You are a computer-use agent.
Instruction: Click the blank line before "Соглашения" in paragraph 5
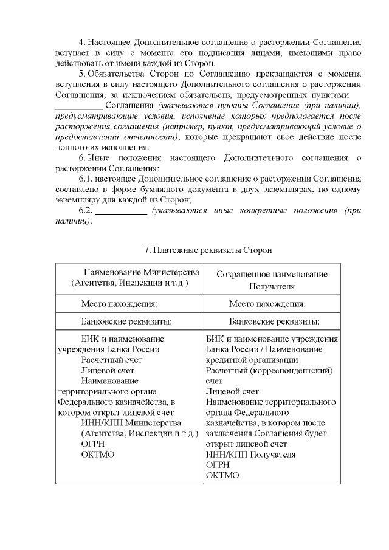tap(75, 106)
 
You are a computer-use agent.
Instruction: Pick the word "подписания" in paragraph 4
tap(218, 53)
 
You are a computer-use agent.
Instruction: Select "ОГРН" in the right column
tap(218, 465)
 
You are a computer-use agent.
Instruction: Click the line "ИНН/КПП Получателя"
tap(251, 455)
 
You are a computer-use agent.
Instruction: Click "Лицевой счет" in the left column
tap(108, 370)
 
